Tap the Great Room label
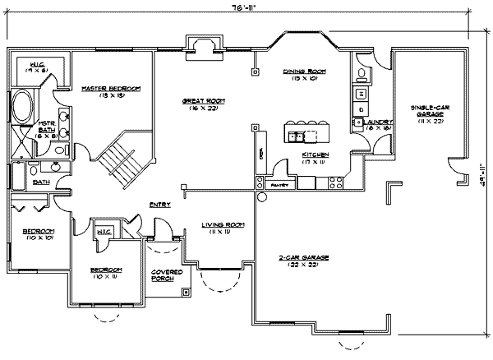coord(204,100)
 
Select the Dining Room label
coord(304,72)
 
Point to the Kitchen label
coord(316,155)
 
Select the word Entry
coord(159,205)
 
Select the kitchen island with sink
coord(306,132)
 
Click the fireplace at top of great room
coord(200,47)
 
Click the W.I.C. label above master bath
coord(38,67)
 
